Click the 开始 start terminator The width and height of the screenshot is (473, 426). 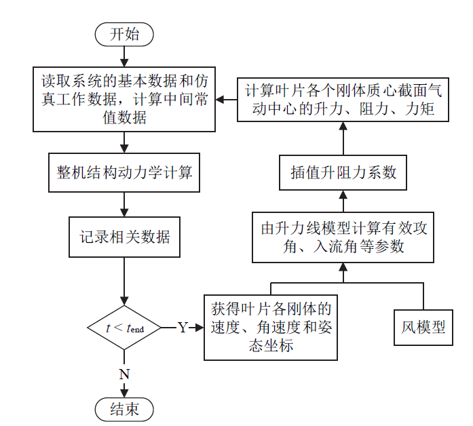124,35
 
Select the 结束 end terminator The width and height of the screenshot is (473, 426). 124,408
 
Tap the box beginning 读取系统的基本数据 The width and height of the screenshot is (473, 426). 124,99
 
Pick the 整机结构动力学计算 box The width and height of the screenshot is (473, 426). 124,172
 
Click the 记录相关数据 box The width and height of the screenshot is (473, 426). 124,237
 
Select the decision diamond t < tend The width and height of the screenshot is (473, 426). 124,328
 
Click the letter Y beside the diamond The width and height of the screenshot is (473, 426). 183,328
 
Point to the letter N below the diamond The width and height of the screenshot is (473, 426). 124,374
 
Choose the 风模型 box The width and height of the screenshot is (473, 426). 423,327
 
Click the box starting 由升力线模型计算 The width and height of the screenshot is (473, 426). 343,237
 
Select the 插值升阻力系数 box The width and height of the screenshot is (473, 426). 343,172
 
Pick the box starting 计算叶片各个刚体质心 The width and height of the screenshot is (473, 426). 343,99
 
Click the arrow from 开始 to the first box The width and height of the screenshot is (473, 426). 124,56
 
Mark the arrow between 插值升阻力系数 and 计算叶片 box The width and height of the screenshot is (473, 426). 343,138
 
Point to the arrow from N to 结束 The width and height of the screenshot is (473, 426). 124,389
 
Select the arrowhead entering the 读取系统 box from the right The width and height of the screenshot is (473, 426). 221,99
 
